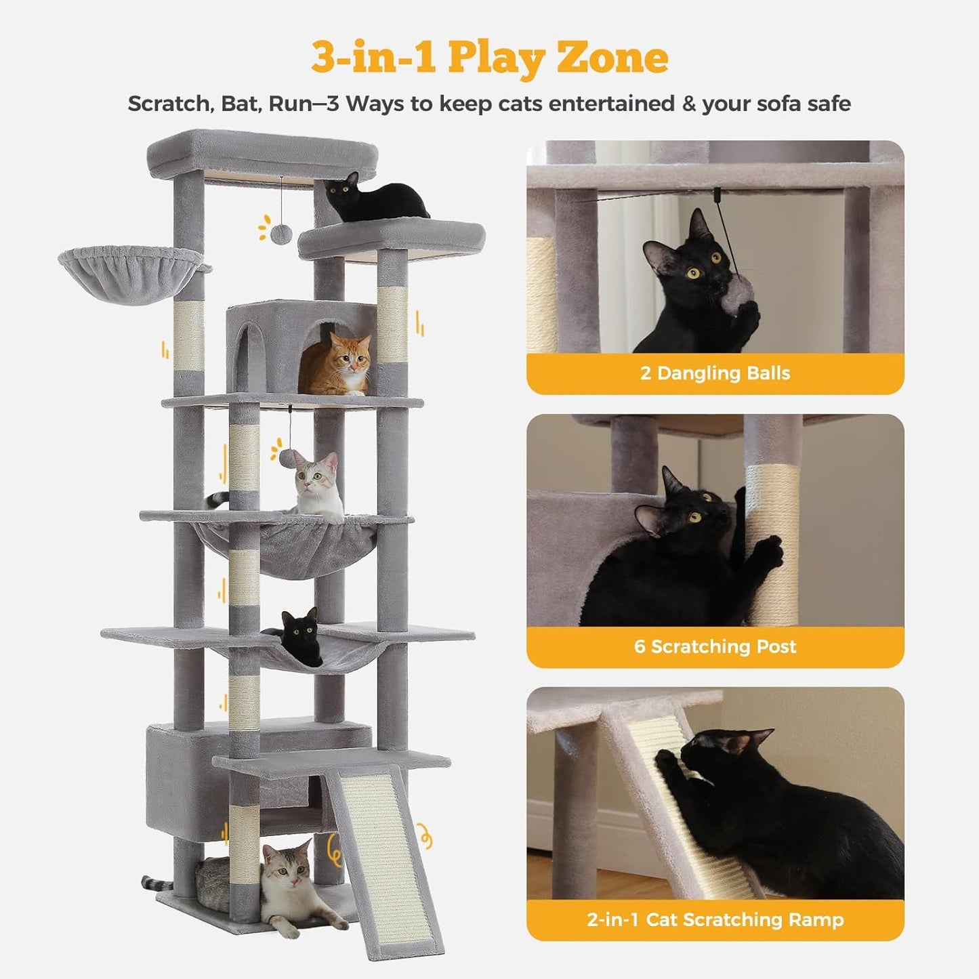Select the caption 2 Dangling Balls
click(715, 373)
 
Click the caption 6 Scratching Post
click(715, 646)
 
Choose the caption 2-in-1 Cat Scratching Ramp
click(715, 919)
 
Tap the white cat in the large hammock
click(318, 486)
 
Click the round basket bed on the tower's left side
click(131, 272)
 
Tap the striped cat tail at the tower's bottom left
click(156, 882)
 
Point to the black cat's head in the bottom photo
click(718, 752)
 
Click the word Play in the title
click(496, 58)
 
